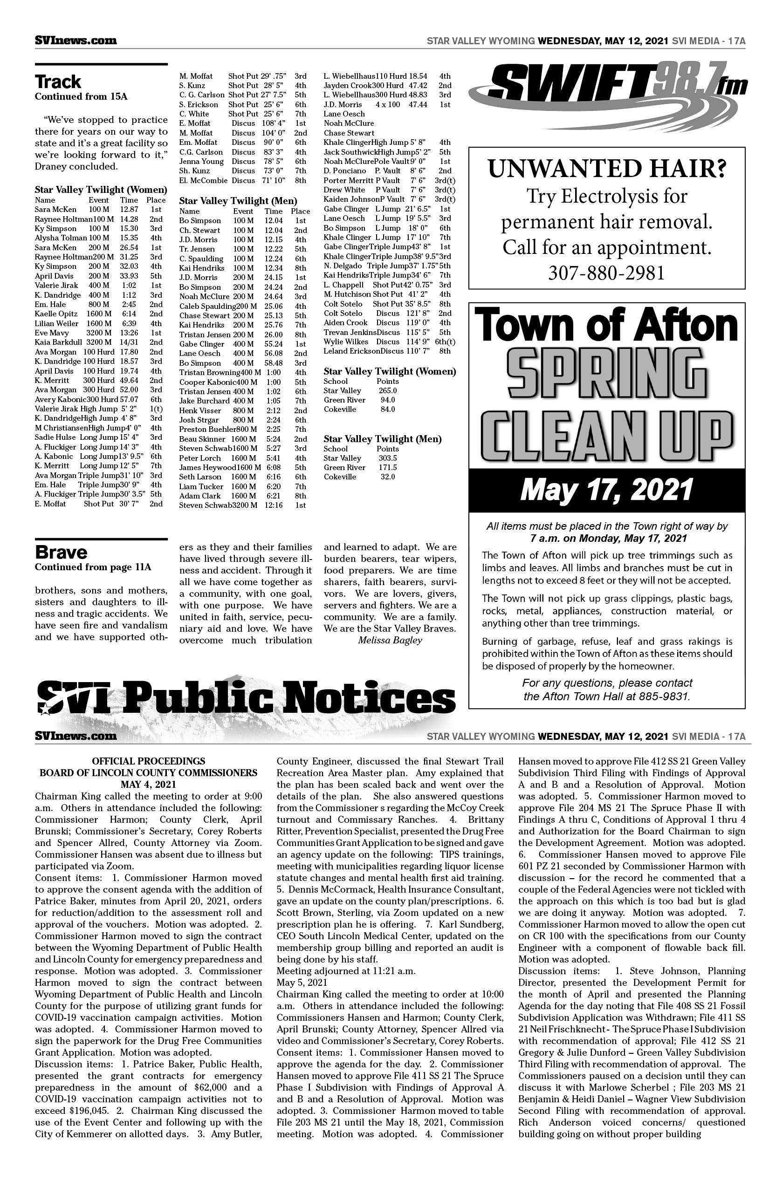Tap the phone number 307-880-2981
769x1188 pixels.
tap(606, 273)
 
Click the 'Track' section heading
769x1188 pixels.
tap(58, 82)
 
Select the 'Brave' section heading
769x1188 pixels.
tap(61, 553)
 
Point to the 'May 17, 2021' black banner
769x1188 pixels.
tap(606, 490)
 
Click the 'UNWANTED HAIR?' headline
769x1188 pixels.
tap(606, 169)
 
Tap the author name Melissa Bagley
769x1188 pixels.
tap(390, 641)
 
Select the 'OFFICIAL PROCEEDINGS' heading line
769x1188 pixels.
tap(148, 761)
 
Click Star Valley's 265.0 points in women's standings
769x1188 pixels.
tap(387, 390)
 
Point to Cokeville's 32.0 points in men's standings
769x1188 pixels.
tap(387, 477)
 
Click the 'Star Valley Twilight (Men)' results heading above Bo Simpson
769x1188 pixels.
tap(238, 201)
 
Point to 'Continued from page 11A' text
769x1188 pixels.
tap(93, 567)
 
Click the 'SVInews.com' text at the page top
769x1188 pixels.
tap(76, 41)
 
